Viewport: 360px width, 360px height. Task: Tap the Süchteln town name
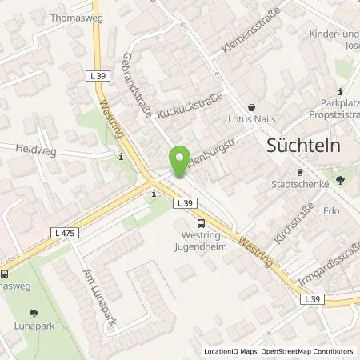point(298,146)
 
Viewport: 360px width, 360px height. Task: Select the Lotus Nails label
point(253,118)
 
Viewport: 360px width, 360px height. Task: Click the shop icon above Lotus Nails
point(252,106)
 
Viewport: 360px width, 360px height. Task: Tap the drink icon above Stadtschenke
point(300,172)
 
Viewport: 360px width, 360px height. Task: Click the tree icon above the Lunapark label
point(33,314)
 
